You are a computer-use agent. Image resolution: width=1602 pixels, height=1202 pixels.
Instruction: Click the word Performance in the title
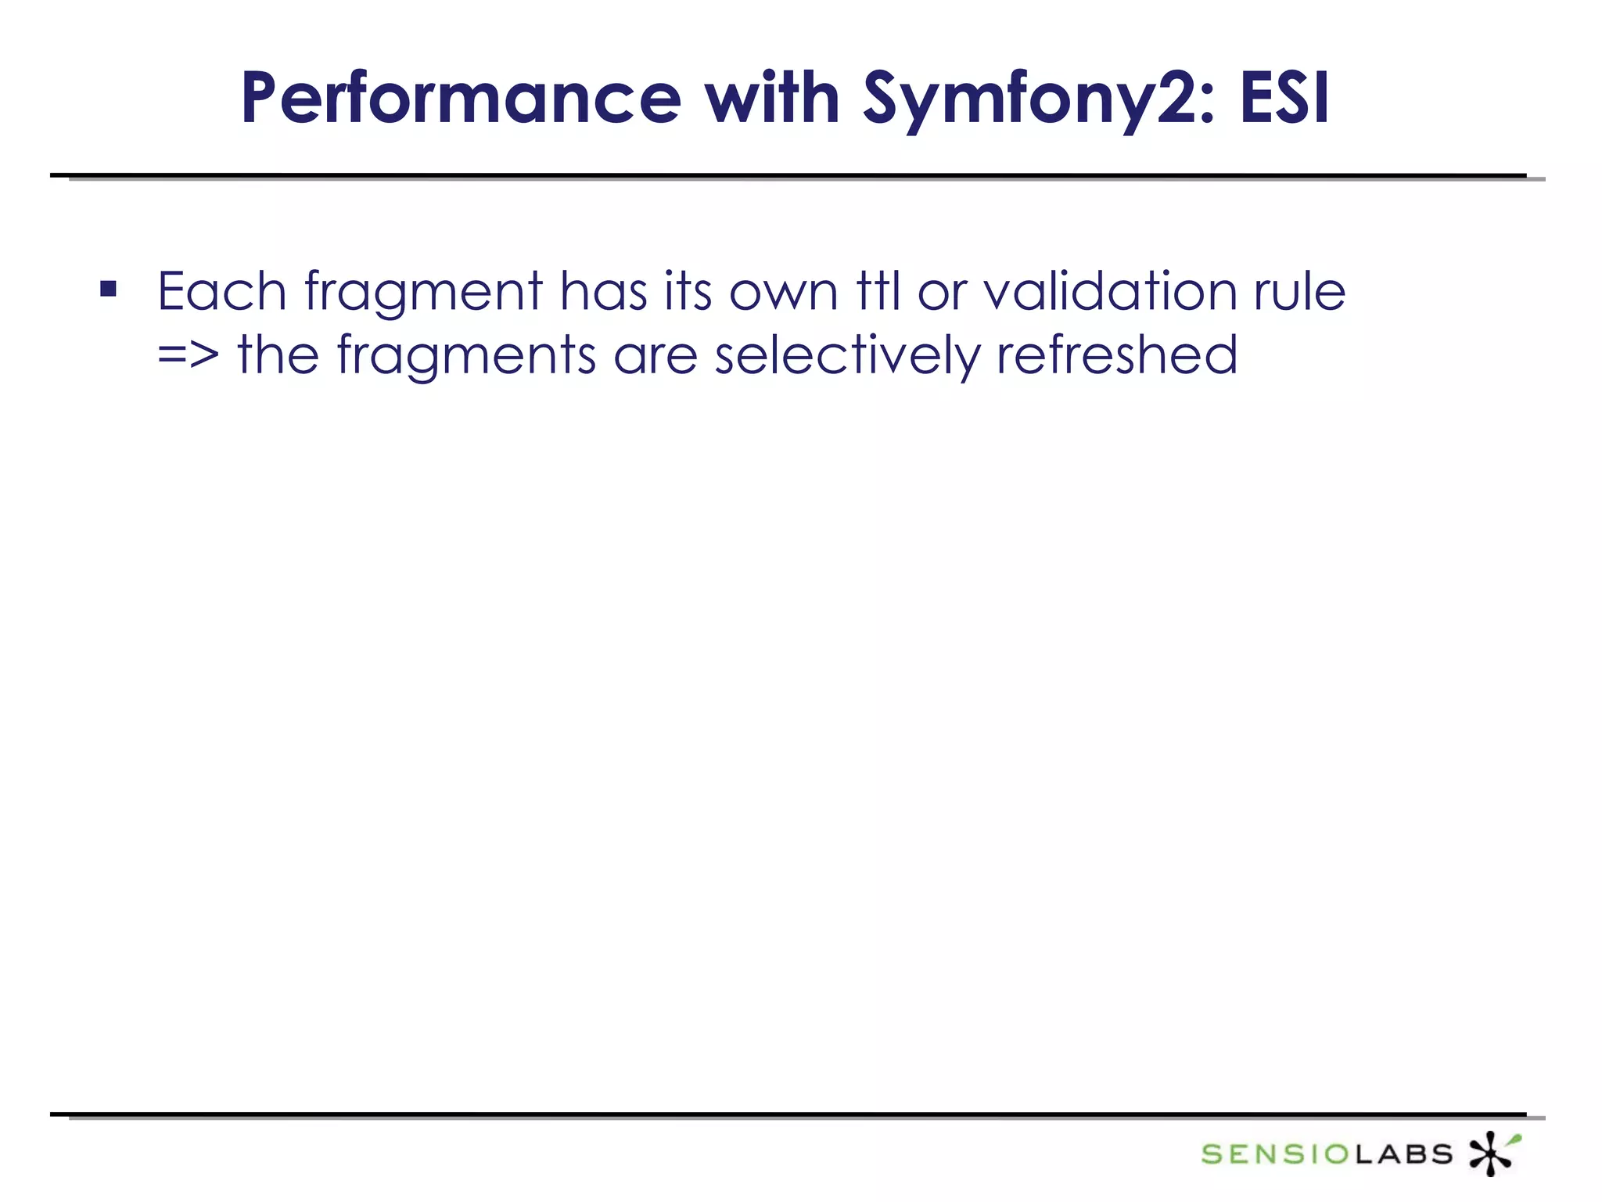pos(462,99)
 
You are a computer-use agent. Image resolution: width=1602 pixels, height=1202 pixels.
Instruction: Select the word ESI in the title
pos(1284,99)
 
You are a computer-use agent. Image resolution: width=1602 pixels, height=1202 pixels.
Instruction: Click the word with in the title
pos(772,99)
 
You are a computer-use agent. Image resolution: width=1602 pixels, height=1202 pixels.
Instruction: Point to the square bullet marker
pos(109,290)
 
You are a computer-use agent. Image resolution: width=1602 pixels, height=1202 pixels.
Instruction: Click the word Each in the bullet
pos(222,291)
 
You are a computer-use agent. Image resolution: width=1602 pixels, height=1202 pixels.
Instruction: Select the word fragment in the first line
pos(423,293)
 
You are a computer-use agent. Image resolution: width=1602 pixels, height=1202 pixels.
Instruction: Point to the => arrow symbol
pos(188,355)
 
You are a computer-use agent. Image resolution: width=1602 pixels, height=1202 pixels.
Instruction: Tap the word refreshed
pos(1117,355)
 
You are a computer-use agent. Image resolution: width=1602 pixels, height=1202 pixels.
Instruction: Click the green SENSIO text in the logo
pos(1275,1154)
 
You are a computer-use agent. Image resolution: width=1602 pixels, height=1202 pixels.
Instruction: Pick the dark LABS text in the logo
pos(1404,1154)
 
